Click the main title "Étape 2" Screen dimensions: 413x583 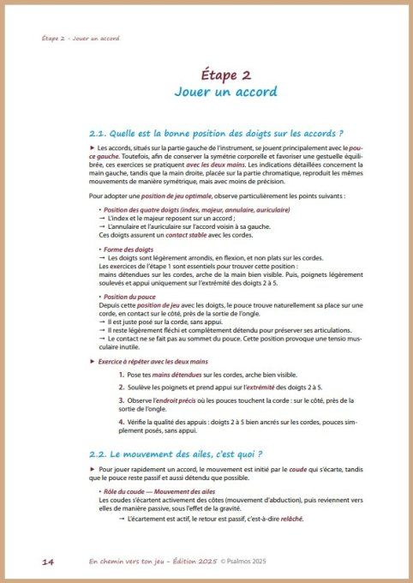tap(206, 75)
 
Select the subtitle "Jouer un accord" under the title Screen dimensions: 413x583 tap(206, 91)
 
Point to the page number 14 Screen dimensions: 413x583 tap(48, 561)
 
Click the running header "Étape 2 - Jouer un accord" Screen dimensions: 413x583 tap(81, 39)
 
